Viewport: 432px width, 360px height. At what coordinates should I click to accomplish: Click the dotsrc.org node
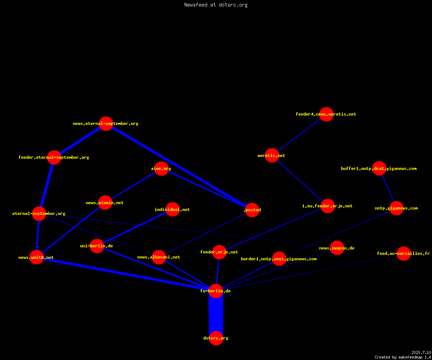tap(216, 338)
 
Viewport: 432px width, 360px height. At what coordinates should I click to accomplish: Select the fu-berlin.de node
tap(216, 291)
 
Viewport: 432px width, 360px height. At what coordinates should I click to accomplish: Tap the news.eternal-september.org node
tap(106, 123)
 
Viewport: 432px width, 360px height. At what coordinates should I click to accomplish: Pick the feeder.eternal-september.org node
tap(54, 157)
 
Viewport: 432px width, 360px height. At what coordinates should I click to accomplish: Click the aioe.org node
tap(161, 168)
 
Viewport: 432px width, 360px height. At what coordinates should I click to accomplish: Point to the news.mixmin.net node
tap(105, 203)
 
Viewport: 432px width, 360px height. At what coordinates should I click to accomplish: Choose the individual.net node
tap(172, 210)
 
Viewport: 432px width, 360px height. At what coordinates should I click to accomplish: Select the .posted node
tap(252, 210)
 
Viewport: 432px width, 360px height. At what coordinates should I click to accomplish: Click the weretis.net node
tap(272, 156)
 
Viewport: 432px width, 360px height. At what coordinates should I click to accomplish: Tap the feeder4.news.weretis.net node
tap(326, 114)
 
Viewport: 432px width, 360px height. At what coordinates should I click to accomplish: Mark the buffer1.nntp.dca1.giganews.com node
tap(379, 168)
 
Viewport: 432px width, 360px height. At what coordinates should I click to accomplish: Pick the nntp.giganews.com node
tap(396, 208)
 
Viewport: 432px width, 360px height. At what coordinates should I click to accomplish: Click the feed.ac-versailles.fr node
tap(404, 253)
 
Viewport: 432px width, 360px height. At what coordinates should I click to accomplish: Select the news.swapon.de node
tap(337, 248)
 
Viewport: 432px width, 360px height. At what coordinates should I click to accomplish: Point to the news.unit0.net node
tap(37, 257)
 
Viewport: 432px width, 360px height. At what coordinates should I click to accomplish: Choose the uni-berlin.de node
tap(97, 246)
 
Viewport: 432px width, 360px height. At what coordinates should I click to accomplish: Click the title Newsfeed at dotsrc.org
tap(216, 5)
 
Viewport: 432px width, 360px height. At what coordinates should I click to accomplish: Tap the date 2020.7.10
tap(421, 352)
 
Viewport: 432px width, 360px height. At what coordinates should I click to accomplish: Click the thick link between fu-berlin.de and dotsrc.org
tap(216, 315)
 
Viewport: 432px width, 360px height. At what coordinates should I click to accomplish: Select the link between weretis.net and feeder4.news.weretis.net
tap(299, 135)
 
